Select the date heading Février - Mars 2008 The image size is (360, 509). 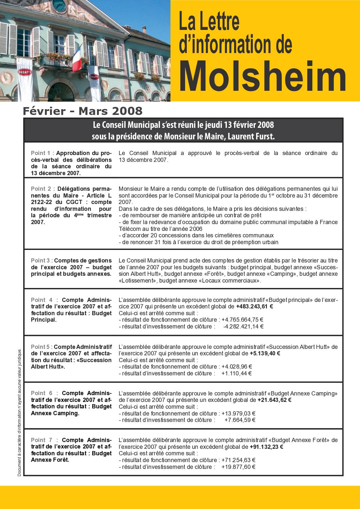83,111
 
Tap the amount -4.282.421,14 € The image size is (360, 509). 243,326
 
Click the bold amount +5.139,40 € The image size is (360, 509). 265,353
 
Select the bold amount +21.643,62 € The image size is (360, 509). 274,400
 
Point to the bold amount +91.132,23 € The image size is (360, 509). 266,447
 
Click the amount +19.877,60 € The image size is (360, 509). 238,467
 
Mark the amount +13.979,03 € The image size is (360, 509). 238,413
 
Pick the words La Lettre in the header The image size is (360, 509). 209,21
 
